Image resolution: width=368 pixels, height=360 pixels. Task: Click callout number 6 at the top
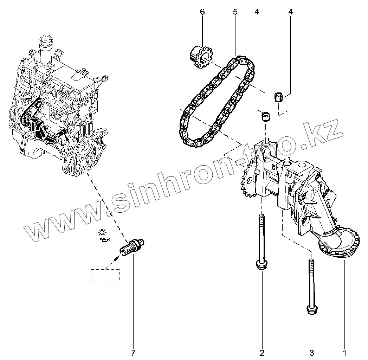tap(202, 12)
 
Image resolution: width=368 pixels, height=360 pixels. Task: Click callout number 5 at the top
tap(235, 12)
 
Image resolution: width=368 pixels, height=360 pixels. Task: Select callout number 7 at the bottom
tap(133, 353)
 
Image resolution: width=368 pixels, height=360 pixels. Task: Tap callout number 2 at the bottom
tap(262, 353)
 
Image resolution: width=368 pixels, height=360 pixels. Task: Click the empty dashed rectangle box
tap(105, 275)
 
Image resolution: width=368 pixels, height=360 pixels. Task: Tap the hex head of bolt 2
tap(261, 265)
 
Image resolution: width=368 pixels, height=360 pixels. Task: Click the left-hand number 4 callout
tap(257, 12)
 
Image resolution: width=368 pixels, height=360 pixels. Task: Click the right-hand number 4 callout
tap(290, 12)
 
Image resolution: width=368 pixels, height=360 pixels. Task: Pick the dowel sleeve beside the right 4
tap(279, 96)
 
